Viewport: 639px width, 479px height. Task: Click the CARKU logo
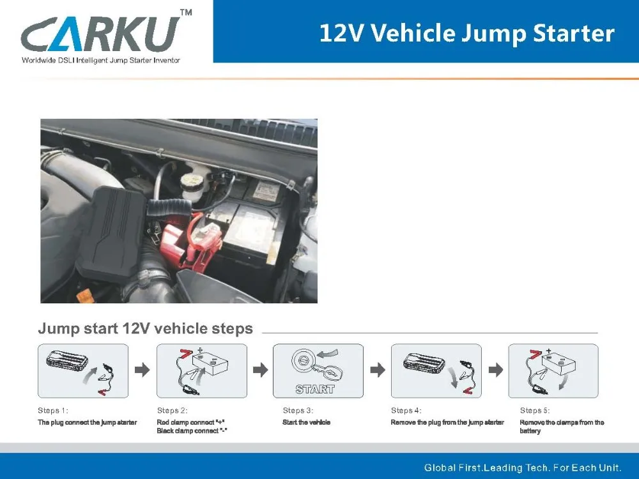[100, 34]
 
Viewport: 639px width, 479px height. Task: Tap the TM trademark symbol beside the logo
[186, 12]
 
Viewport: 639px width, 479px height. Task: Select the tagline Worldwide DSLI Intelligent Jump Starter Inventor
[101, 60]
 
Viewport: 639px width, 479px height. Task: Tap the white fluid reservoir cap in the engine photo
[194, 179]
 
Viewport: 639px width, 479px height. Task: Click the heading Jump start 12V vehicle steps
[146, 328]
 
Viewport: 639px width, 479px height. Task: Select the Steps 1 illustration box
[83, 370]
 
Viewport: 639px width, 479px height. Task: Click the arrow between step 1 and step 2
[142, 370]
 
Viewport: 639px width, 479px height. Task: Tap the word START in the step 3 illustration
[316, 390]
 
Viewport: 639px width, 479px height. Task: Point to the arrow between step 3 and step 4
[378, 370]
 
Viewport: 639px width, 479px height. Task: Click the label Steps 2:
[173, 410]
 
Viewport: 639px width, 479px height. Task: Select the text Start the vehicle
[307, 422]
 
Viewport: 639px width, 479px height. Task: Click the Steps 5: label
[535, 410]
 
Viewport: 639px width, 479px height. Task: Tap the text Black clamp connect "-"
[192, 431]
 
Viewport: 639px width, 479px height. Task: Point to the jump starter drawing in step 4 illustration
[424, 361]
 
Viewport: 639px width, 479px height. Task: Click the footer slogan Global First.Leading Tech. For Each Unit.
[523, 468]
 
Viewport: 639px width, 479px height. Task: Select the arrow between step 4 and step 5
[496, 370]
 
